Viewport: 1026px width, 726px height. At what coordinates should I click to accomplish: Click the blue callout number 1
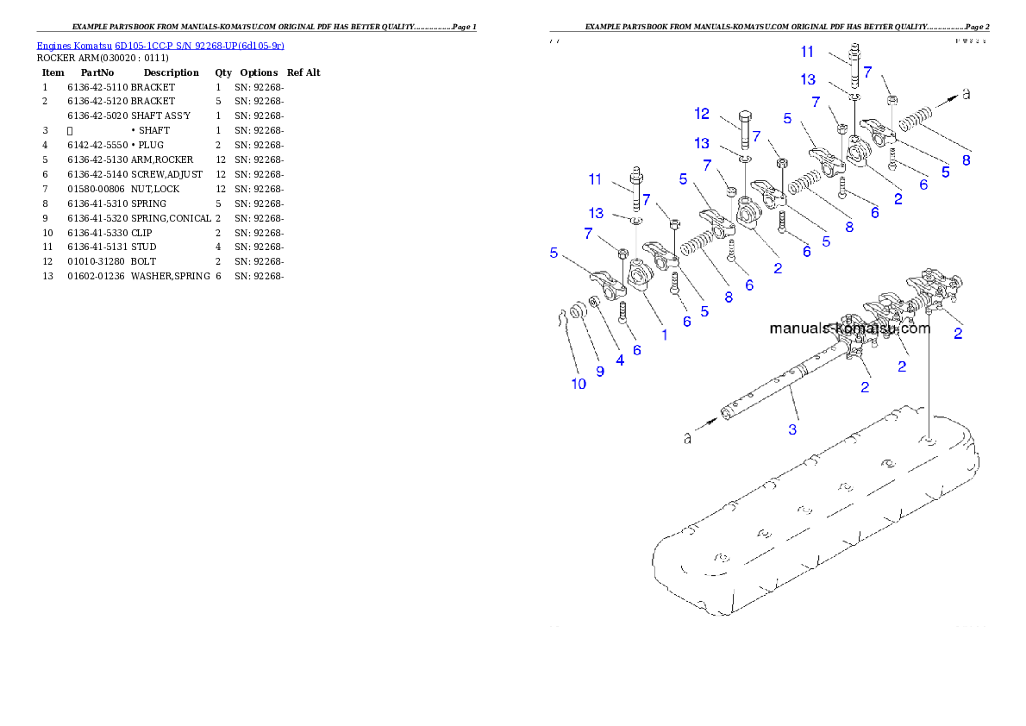click(x=664, y=335)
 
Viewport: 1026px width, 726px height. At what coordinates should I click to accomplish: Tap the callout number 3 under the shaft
click(x=792, y=428)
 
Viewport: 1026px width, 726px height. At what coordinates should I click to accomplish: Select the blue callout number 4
click(x=619, y=360)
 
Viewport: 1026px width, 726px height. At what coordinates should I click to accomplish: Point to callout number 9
click(x=600, y=372)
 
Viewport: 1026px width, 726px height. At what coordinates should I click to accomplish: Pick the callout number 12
click(x=702, y=113)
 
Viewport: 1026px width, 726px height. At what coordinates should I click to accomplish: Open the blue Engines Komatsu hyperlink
click(x=160, y=45)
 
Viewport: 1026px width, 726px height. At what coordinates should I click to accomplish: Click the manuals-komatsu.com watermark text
click(x=849, y=329)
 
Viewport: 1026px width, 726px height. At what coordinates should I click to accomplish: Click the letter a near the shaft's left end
click(x=687, y=438)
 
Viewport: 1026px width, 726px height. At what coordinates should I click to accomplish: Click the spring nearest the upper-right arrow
click(x=915, y=120)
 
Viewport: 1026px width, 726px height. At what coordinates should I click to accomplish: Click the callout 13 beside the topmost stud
click(x=808, y=79)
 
